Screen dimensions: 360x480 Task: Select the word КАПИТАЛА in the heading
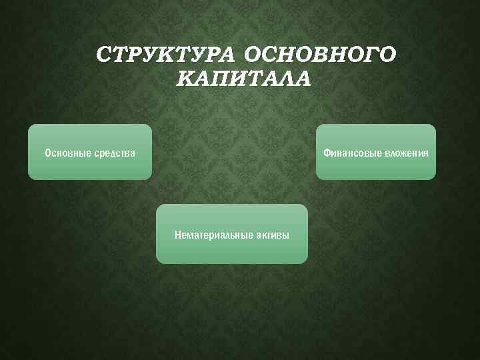(244, 79)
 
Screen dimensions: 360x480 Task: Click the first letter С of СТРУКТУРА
(103, 54)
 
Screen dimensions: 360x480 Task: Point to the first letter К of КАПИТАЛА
(186, 79)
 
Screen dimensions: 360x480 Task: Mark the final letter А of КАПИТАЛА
(303, 79)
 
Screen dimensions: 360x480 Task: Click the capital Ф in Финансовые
(327, 153)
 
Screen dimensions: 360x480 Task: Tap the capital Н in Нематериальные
(178, 235)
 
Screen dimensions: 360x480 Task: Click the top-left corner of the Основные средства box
(29, 125)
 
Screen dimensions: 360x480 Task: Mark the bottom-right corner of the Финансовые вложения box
(435, 179)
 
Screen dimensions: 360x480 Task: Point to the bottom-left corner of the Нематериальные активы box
(157, 262)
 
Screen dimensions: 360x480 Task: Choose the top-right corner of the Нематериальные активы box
(307, 206)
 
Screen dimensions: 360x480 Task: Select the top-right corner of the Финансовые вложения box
(435, 125)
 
